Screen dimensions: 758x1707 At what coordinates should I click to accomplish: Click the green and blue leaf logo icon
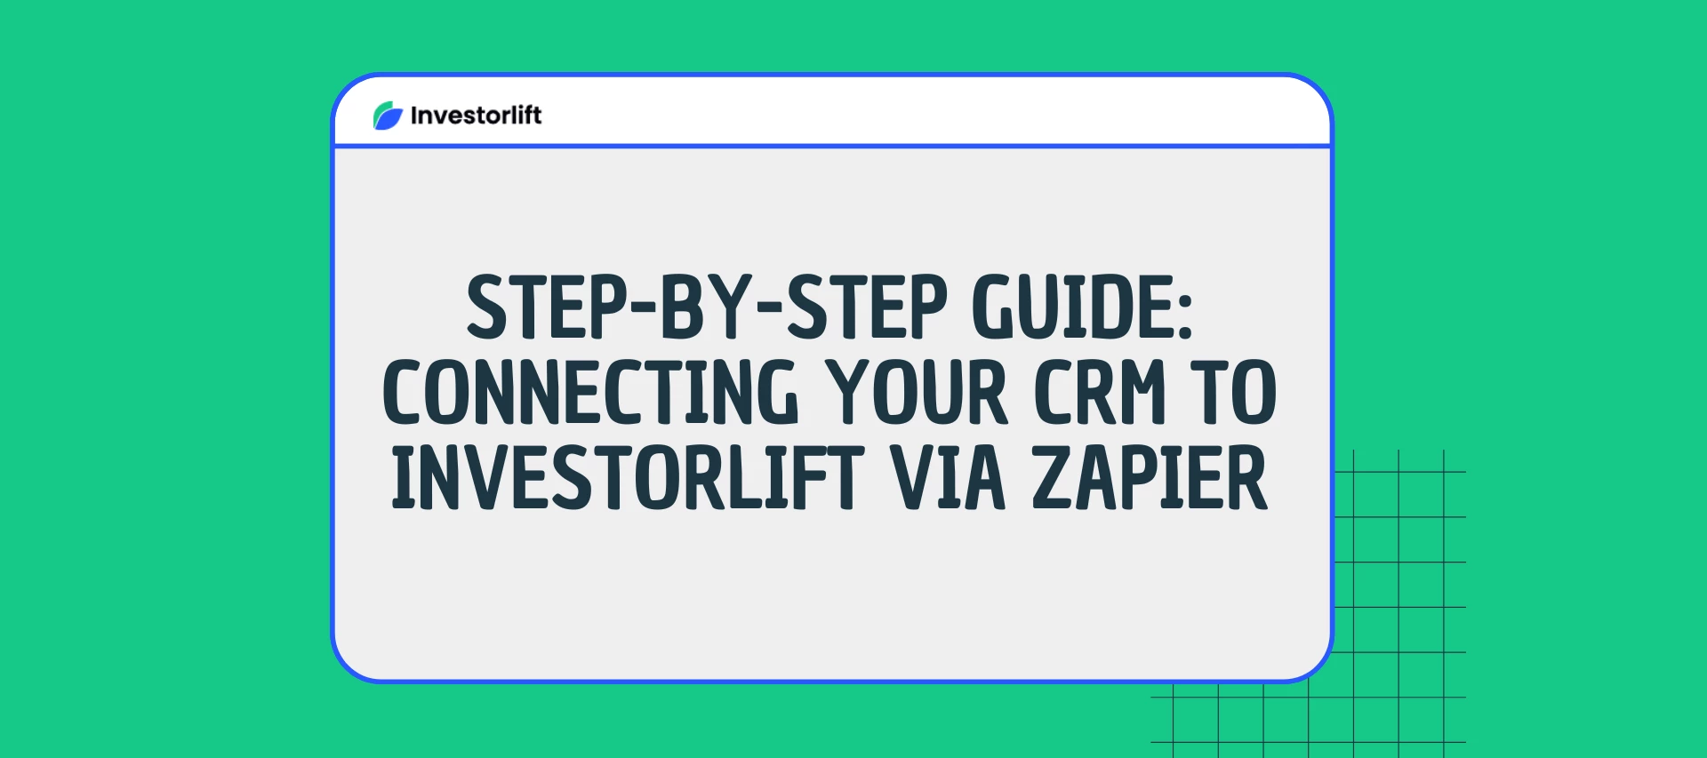point(388,116)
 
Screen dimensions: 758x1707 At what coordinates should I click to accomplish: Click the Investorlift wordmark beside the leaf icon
point(476,116)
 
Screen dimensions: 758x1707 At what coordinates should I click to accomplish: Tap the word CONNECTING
point(590,392)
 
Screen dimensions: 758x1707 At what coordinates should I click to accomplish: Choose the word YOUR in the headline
point(917,392)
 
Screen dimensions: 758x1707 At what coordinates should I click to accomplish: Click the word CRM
point(1100,392)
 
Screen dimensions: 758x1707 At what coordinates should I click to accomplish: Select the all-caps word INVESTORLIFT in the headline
point(628,478)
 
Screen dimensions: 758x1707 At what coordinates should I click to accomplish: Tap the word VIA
point(948,478)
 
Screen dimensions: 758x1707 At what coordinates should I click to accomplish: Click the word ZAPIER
point(1150,478)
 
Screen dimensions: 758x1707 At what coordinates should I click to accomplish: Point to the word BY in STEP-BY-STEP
point(707,307)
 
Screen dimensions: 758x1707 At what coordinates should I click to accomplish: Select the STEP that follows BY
point(868,307)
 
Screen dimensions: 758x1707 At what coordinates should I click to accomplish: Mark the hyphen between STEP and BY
point(643,307)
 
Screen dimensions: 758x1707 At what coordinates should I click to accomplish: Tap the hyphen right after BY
point(771,307)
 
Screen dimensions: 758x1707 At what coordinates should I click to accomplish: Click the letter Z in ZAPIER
point(1053,478)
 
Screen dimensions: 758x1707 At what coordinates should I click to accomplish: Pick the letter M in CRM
point(1142,392)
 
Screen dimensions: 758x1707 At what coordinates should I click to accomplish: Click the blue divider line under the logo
point(832,146)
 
